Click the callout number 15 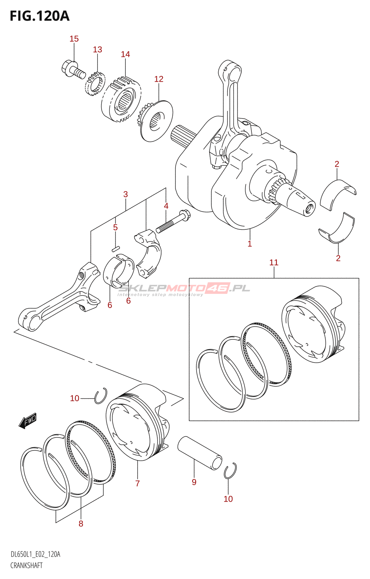click(x=74, y=39)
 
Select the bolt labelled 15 click(x=73, y=68)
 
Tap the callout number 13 click(x=98, y=49)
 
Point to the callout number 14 click(x=125, y=54)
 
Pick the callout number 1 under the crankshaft click(x=250, y=244)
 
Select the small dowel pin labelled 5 click(x=115, y=249)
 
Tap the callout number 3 click(x=125, y=194)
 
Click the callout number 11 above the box click(x=274, y=263)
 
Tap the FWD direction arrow click(x=28, y=421)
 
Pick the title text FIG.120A click(x=40, y=16)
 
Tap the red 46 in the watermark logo click(x=218, y=288)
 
